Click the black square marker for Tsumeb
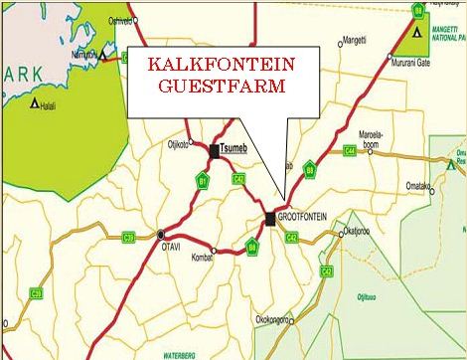[215, 151]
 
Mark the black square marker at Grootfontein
[270, 216]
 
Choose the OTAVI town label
[162, 250]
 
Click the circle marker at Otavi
[161, 235]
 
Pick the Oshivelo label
[119, 19]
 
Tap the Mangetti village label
[354, 41]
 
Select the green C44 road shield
[350, 150]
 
